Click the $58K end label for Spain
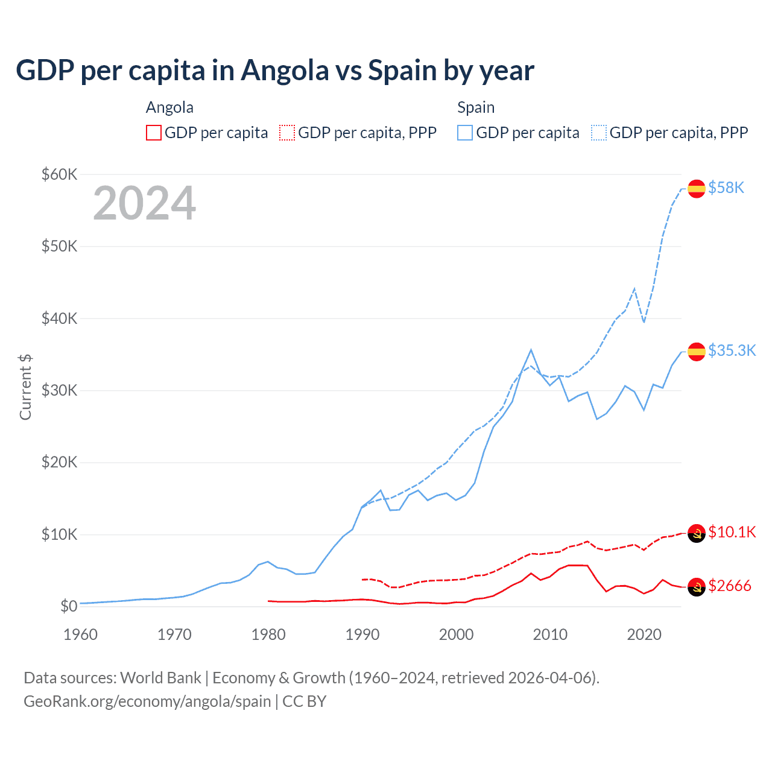coord(726,188)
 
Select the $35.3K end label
coord(732,351)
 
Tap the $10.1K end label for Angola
coord(732,532)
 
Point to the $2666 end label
coord(730,586)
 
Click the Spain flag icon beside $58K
coord(697,188)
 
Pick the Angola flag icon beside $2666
coord(697,586)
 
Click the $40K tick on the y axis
coord(59,318)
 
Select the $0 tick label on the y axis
coord(69,606)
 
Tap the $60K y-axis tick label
coord(59,175)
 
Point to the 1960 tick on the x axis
coord(80,634)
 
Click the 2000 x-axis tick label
coord(456,634)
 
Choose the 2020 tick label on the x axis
coord(644,634)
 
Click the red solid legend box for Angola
coord(154,133)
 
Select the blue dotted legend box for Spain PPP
coord(598,133)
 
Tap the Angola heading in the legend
coord(169,107)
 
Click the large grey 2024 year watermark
coord(144,203)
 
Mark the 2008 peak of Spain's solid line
coord(531,350)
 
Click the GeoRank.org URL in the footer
coord(147,701)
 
